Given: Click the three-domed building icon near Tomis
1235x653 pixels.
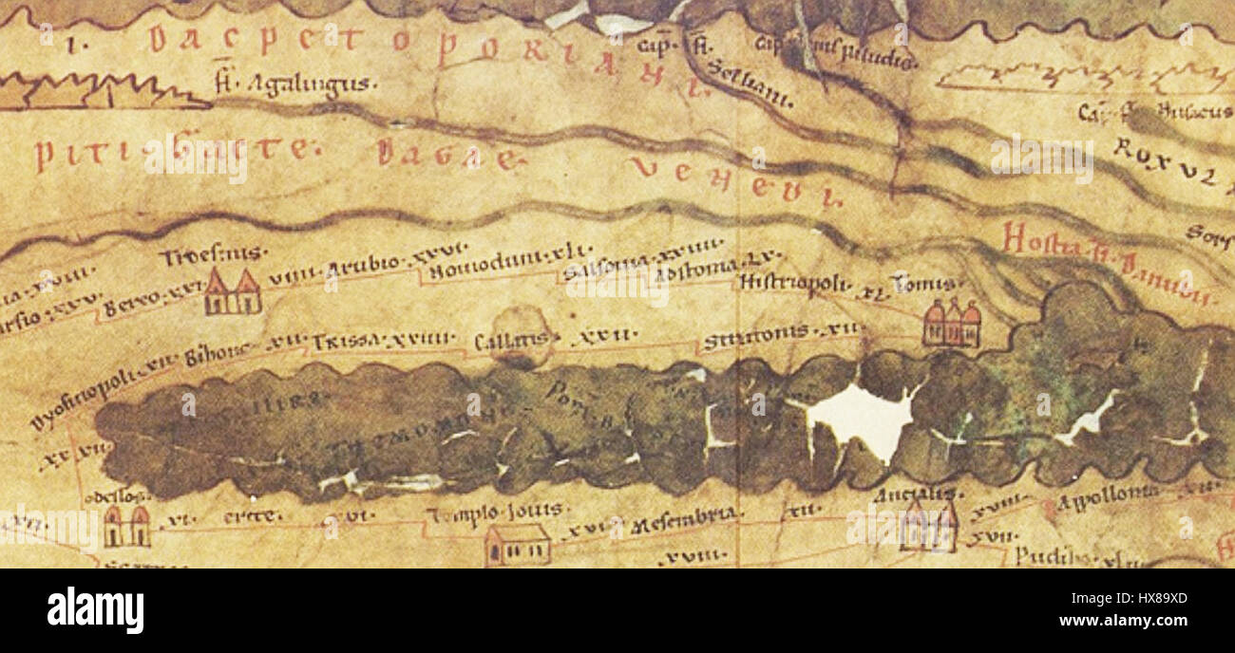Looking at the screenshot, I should [x=950, y=324].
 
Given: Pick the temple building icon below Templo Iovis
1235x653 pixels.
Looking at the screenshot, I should [x=517, y=545].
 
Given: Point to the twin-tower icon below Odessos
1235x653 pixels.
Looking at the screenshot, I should [x=126, y=526].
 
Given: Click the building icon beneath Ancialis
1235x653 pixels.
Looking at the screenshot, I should [x=927, y=527].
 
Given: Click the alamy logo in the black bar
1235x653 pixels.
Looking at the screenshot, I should [x=95, y=609].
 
